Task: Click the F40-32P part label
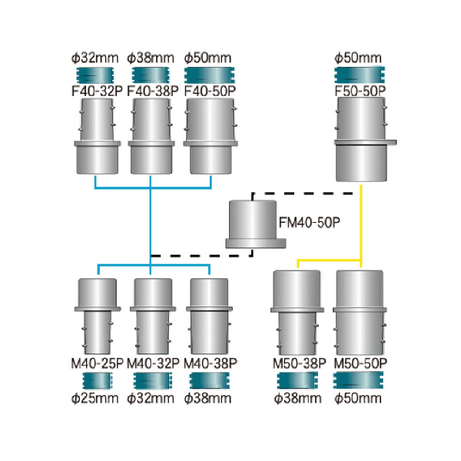coord(95,89)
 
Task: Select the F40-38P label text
coord(152,89)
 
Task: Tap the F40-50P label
coord(210,89)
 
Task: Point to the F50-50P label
coord(360,89)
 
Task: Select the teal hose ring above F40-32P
coord(95,75)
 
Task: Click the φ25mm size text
coord(98,398)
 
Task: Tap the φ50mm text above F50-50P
coord(360,57)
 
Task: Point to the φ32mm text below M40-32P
coord(152,398)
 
